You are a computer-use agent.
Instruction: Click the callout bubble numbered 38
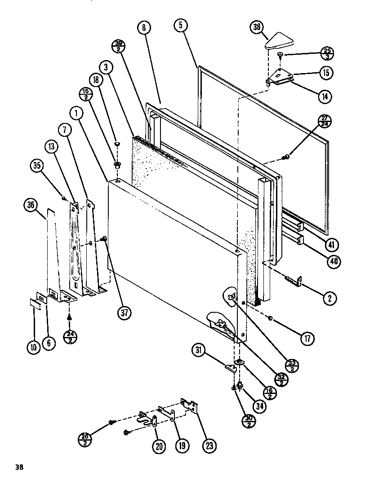click(x=257, y=28)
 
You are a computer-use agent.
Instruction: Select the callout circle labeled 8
click(x=144, y=28)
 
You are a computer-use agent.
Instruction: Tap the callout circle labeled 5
click(x=180, y=26)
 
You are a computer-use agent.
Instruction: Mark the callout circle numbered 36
click(x=30, y=206)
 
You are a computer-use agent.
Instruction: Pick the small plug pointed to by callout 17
click(x=271, y=319)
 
